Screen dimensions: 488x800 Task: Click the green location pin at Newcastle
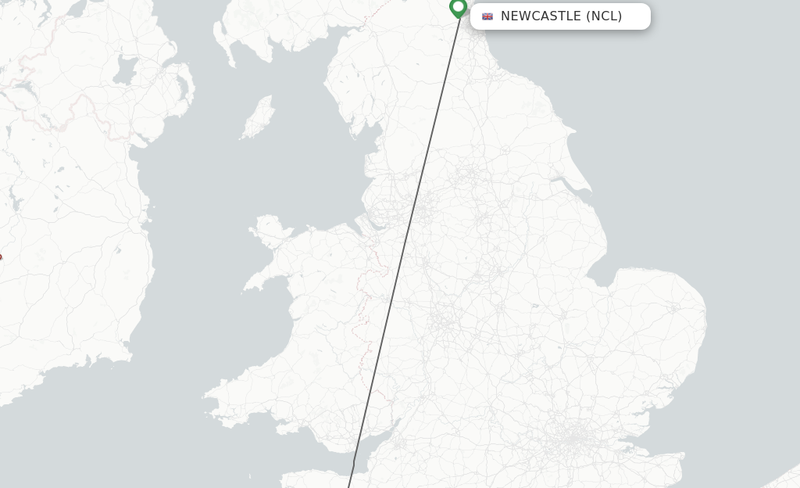[459, 8]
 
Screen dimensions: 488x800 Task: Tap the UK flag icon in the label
[487, 16]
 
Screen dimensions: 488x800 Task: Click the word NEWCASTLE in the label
[541, 16]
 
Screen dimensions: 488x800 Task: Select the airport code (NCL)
[604, 16]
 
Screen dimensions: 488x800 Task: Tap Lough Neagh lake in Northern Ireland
[125, 72]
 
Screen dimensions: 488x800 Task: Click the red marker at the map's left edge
[0, 257]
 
